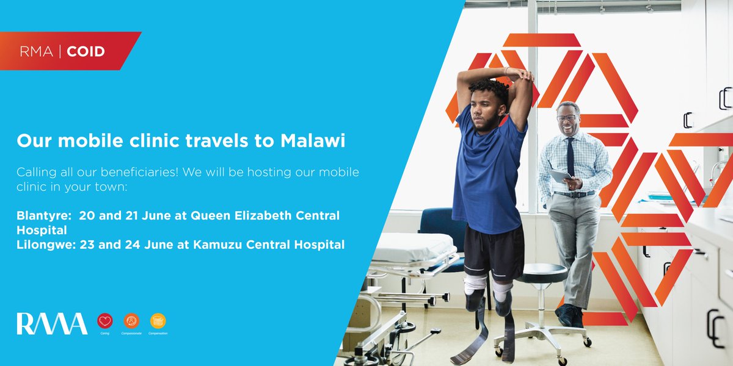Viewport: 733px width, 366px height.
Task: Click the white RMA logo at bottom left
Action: coord(51,323)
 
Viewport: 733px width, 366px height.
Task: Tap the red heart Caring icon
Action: coord(105,320)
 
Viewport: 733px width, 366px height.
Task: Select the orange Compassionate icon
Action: coord(131,320)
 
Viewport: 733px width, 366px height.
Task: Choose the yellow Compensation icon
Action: coord(158,320)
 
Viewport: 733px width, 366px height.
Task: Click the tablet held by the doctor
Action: coord(560,176)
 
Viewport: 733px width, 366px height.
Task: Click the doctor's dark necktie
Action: coord(569,155)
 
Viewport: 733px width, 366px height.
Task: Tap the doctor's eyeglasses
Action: coord(566,118)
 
